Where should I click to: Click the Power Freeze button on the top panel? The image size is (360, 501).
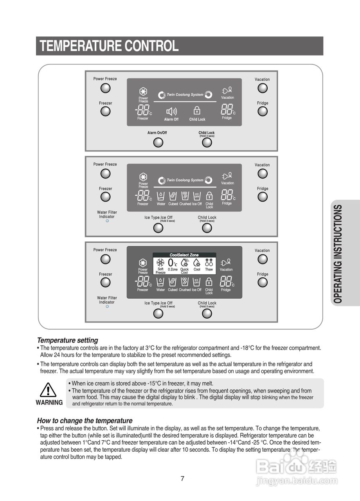(x=105, y=88)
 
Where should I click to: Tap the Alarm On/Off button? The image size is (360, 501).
(x=158, y=142)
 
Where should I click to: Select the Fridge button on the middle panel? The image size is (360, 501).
(x=263, y=197)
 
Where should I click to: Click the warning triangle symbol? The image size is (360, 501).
(x=49, y=391)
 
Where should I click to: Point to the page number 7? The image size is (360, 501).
(x=182, y=478)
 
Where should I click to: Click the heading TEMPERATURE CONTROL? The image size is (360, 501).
(x=109, y=46)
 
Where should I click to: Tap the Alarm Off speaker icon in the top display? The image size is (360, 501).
(x=171, y=111)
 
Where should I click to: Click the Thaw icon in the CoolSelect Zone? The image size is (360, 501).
(x=209, y=262)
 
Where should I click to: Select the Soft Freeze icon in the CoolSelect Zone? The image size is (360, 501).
(x=160, y=262)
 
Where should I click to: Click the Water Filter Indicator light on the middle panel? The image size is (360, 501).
(x=107, y=221)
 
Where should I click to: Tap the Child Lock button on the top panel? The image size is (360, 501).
(x=207, y=142)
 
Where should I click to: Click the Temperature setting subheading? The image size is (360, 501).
(x=67, y=340)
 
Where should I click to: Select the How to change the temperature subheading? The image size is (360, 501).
(x=85, y=421)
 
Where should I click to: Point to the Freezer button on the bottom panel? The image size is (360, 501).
(x=105, y=283)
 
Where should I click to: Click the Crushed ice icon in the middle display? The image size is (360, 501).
(x=185, y=196)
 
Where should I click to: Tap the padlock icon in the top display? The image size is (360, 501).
(x=197, y=111)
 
